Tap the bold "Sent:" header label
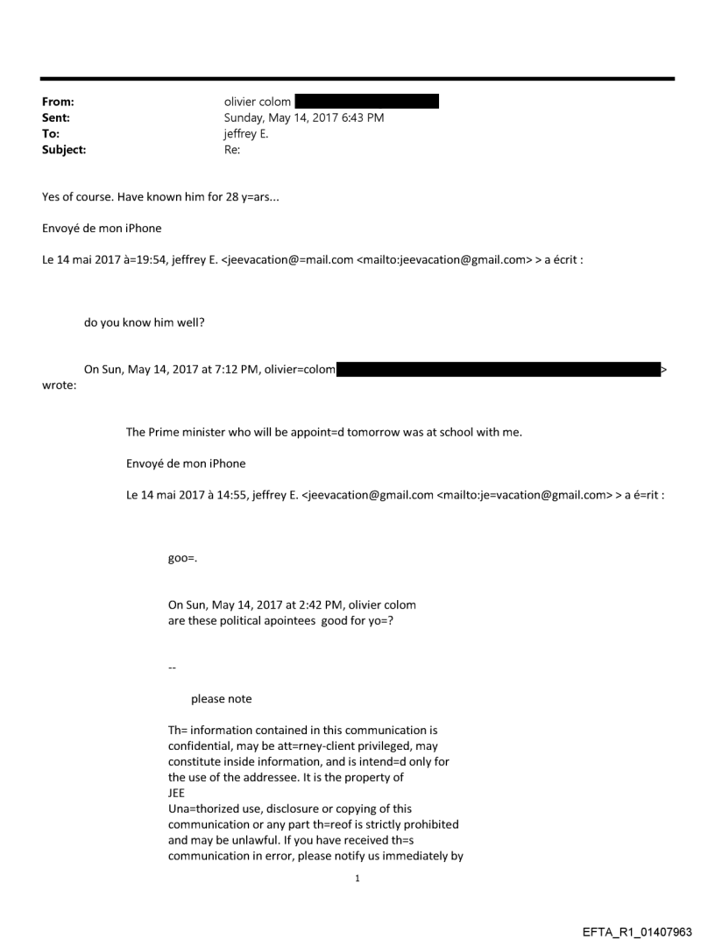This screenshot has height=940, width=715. point(56,117)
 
